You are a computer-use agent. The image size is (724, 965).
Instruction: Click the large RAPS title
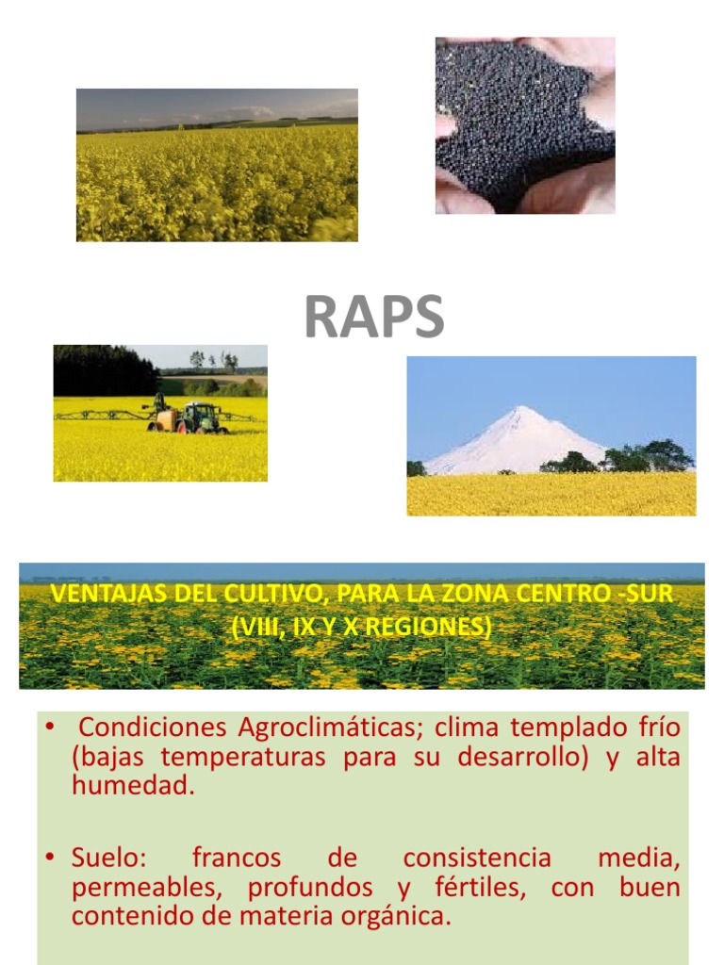(373, 318)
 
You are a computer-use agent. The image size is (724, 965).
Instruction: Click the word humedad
(133, 787)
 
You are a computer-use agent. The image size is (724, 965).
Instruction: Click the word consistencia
(476, 858)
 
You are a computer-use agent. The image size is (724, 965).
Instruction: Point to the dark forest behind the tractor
(104, 370)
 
